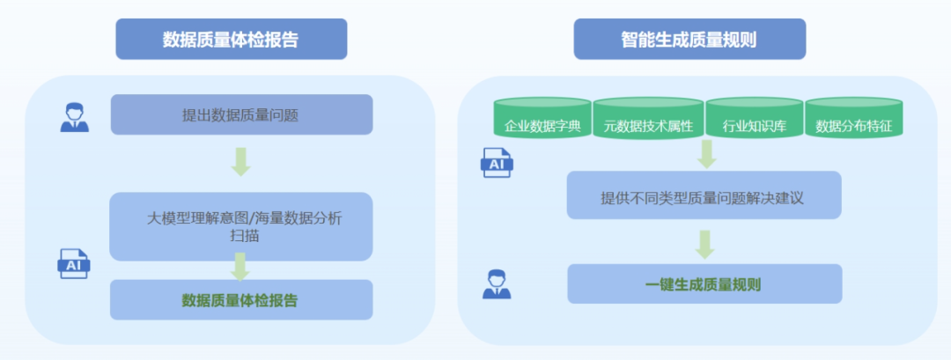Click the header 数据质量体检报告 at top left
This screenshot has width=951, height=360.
[231, 40]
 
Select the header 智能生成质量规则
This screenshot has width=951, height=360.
[689, 40]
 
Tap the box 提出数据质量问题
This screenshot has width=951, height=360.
[241, 114]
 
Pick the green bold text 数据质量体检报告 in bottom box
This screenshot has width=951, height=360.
[240, 300]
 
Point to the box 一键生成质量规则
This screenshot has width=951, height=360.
[704, 284]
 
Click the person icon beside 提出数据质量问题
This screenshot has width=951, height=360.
[75, 117]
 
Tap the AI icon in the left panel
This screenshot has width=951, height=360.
[74, 263]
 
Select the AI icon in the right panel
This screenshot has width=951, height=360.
[497, 164]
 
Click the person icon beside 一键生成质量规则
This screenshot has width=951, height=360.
[497, 284]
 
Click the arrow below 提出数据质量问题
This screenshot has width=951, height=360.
[241, 161]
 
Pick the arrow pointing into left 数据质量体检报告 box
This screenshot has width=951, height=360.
[241, 267]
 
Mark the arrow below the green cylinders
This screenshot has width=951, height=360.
[705, 153]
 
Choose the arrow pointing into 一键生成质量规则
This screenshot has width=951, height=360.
[704, 243]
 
